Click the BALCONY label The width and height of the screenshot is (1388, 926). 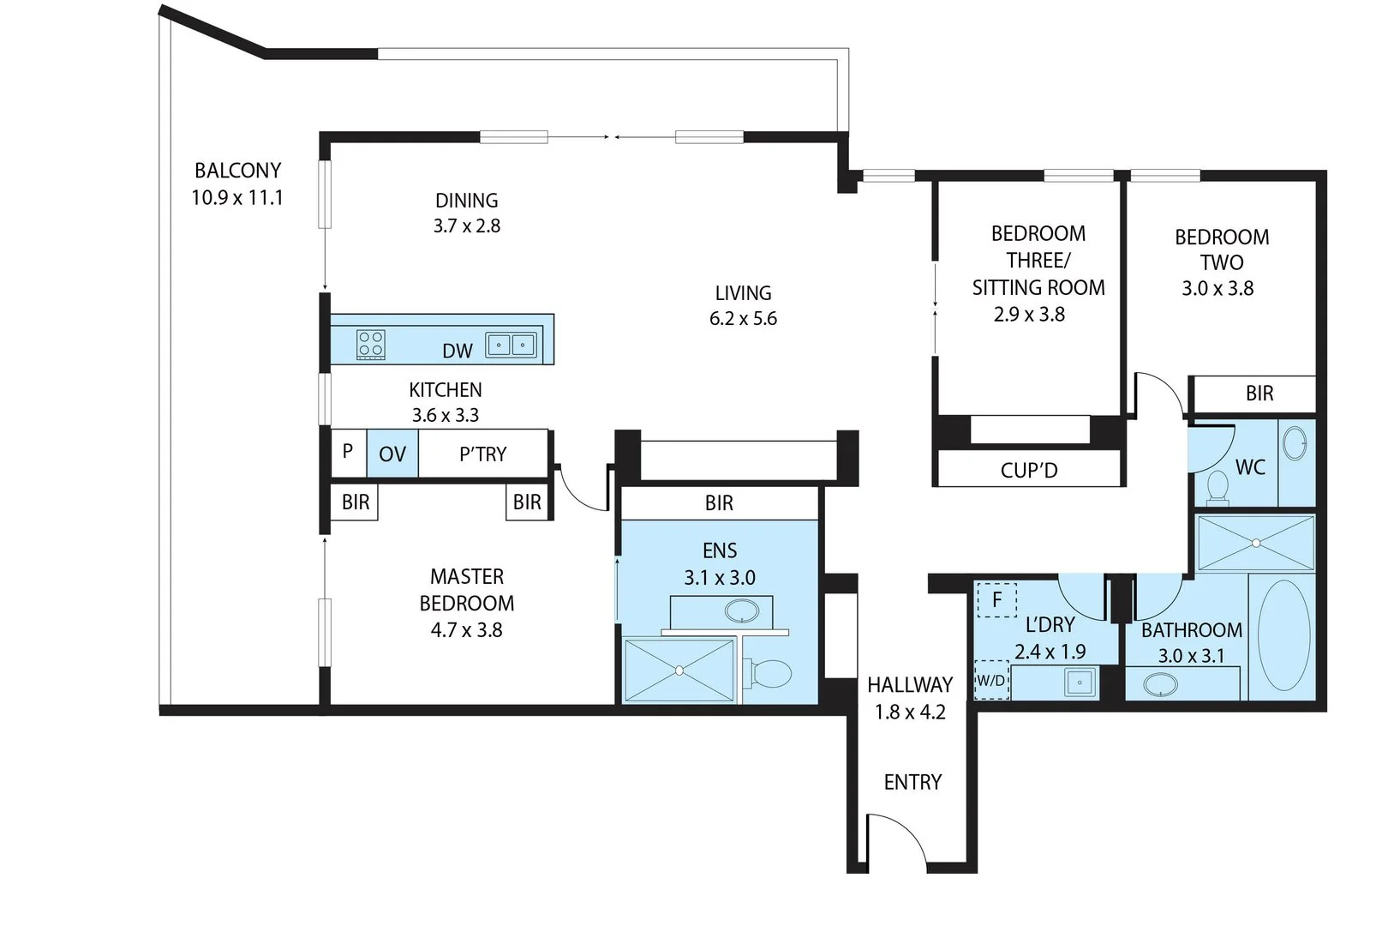click(x=237, y=171)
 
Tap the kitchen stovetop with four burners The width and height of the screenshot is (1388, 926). click(x=371, y=345)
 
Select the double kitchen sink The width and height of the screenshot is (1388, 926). click(x=512, y=345)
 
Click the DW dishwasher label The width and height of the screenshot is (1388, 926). click(x=458, y=351)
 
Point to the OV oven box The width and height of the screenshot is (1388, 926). click(x=392, y=454)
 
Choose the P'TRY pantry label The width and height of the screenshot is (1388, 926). click(x=483, y=454)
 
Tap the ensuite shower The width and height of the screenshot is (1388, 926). click(x=679, y=670)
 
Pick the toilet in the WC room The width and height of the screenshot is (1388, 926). click(x=1217, y=489)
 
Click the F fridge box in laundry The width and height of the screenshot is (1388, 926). click(x=996, y=600)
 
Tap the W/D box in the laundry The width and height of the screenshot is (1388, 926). click(x=991, y=681)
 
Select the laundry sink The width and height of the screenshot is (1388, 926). click(x=1079, y=682)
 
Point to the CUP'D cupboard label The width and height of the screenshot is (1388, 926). click(x=1029, y=471)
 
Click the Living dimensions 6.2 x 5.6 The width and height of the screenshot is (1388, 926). click(x=743, y=319)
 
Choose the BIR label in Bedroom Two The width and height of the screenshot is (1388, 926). click(x=1259, y=394)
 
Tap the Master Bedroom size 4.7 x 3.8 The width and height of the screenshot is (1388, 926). click(x=466, y=630)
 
